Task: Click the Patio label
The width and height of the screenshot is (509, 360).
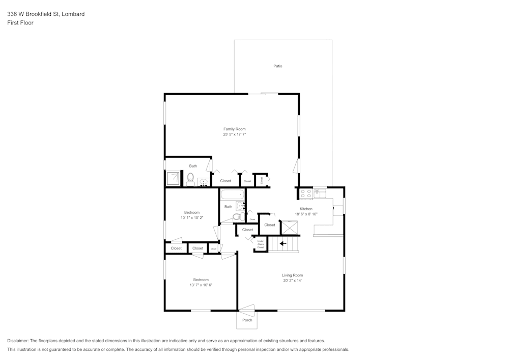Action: coord(277,66)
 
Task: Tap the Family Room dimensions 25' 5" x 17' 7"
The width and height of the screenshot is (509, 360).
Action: coord(234,134)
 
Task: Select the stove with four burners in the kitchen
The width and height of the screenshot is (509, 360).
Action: coord(305,193)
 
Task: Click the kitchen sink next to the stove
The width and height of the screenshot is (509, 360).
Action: coord(319,192)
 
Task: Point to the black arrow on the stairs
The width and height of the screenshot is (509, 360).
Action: coord(282,243)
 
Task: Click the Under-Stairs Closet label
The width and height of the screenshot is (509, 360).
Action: coord(261,244)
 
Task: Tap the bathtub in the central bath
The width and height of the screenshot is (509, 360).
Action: coord(233,195)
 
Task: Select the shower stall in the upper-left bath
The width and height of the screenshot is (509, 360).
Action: coord(174,178)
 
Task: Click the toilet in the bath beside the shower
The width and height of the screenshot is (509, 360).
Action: coord(190,179)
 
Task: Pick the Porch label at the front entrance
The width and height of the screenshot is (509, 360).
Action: coord(247,320)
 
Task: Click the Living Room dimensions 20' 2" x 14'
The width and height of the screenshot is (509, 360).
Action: coord(293,281)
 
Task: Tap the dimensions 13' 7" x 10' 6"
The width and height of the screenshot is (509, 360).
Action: coord(201,285)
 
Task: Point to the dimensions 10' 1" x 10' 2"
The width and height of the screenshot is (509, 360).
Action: coord(192,217)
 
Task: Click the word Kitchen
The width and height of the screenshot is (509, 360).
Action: coord(306,209)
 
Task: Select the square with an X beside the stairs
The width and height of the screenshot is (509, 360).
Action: coord(289,228)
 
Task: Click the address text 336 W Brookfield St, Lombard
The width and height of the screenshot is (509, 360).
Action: coord(46,14)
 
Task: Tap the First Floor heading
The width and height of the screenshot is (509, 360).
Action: coord(20,23)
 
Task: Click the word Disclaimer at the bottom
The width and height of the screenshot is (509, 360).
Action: coord(18,341)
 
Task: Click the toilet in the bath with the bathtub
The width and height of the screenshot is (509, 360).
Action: coord(237,217)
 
